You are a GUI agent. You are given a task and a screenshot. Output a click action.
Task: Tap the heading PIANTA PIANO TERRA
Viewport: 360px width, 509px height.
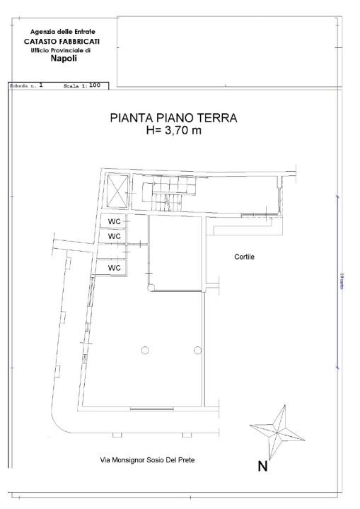coord(173,119)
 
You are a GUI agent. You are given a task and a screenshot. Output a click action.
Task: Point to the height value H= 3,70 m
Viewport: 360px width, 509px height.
coord(173,132)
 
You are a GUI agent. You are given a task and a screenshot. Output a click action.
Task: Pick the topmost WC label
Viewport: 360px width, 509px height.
coord(113,221)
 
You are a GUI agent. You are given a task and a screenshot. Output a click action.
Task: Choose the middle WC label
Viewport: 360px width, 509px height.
coord(113,236)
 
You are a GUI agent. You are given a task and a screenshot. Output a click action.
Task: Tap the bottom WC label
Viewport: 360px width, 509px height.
coord(113,268)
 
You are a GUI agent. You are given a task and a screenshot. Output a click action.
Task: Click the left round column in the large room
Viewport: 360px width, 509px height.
coord(144,350)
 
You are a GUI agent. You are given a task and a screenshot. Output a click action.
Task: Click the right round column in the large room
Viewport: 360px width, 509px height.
coord(197,350)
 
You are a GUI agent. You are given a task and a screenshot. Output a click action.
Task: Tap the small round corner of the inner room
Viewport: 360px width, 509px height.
coord(151,286)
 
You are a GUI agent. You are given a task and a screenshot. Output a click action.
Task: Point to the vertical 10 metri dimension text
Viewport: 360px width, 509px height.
coord(341,283)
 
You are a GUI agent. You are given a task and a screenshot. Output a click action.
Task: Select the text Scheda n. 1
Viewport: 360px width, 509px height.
coord(26,86)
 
